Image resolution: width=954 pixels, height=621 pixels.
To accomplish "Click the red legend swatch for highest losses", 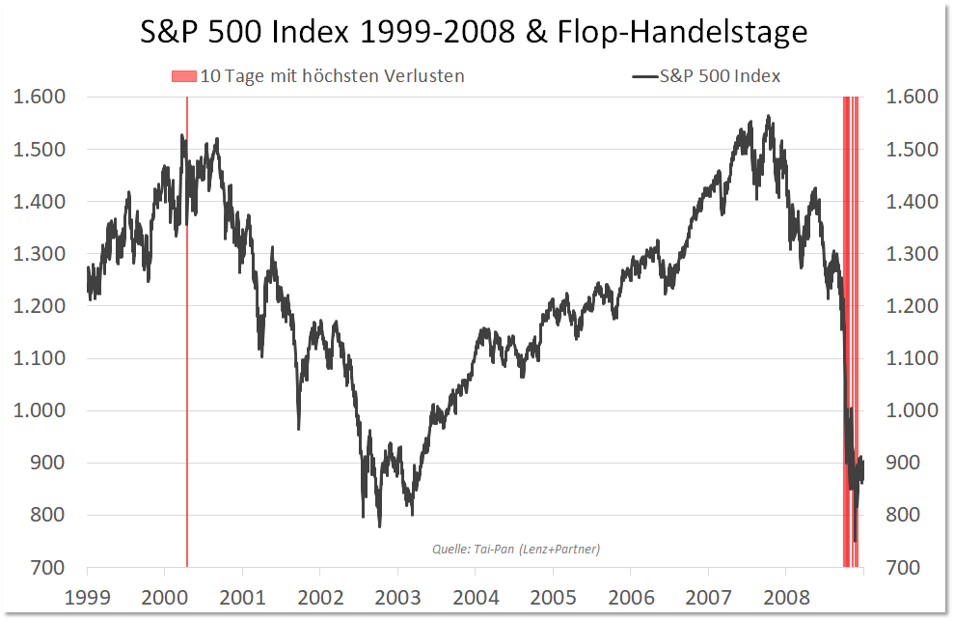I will [x=184, y=76].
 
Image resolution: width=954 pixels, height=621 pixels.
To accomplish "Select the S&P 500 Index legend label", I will [x=720, y=76].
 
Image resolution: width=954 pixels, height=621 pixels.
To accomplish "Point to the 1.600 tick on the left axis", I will [x=37, y=97].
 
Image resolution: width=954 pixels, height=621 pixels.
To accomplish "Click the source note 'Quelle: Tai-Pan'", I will [x=515, y=550].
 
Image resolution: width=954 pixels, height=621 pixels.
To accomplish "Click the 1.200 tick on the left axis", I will [x=37, y=306].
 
